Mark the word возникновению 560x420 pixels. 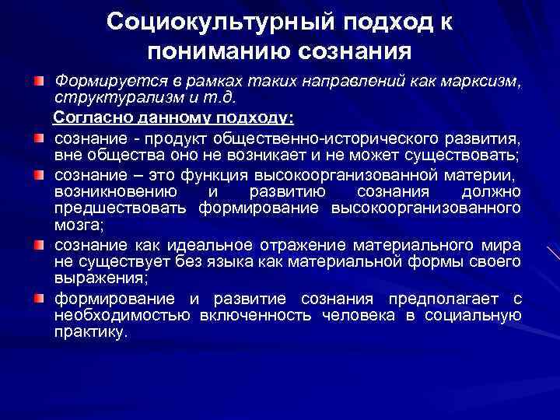tap(117, 192)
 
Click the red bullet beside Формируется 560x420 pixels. tap(38, 81)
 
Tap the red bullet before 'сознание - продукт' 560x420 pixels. tap(38, 138)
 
